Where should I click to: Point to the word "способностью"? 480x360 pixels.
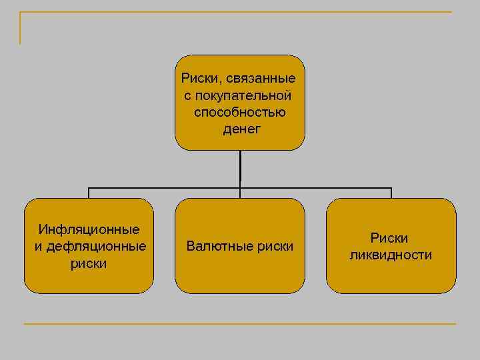[240, 111]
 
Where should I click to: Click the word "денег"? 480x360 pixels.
[240, 128]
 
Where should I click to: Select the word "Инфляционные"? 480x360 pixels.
[89, 230]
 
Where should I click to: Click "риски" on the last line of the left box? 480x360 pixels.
[89, 263]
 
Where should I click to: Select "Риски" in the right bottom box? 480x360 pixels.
[390, 238]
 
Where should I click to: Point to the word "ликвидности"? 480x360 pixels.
[391, 255]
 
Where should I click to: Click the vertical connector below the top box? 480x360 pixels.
[240, 167]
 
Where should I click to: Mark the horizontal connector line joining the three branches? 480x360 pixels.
[167, 187]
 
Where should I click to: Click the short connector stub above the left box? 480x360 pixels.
[89, 193]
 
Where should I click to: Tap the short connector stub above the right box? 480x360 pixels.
[391, 193]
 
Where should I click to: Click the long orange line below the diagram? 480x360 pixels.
[240, 324]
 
